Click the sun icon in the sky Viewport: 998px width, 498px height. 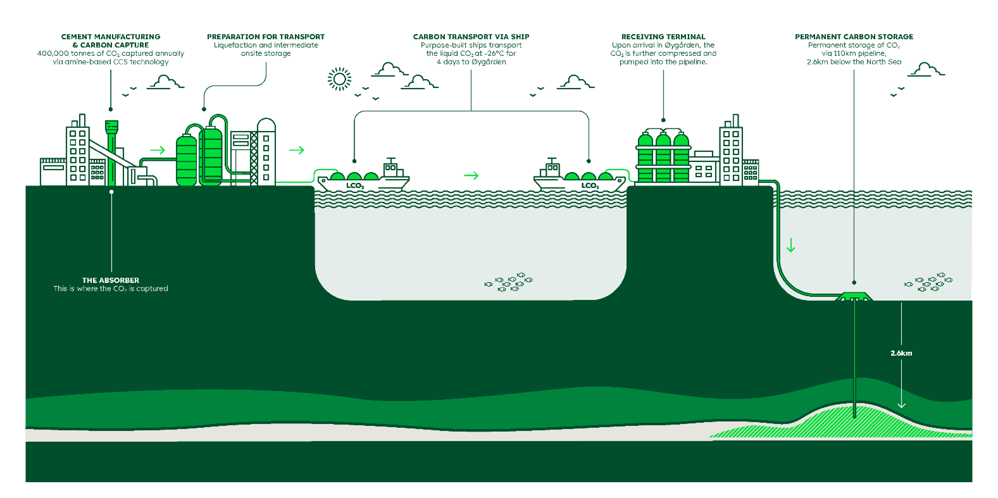click(339, 79)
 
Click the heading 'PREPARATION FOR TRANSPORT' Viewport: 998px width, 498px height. click(266, 37)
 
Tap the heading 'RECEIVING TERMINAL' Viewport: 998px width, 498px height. click(663, 37)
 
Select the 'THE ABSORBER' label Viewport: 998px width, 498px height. click(111, 280)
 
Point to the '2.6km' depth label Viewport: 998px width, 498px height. click(901, 353)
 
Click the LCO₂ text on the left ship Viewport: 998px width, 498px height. click(355, 185)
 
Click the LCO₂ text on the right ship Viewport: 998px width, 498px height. click(590, 185)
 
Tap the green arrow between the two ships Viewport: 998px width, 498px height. click(471, 175)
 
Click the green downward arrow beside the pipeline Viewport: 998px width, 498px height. click(790, 245)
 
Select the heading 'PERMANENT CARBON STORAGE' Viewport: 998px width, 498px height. click(854, 37)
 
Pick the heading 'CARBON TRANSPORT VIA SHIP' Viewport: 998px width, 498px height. click(471, 37)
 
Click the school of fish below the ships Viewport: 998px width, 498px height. click(509, 282)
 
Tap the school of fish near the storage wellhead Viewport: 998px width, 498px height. click(928, 282)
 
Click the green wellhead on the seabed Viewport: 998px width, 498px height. click(854, 297)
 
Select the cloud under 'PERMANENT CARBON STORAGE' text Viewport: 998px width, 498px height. click(926, 70)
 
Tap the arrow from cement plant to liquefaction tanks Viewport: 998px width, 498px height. click(158, 150)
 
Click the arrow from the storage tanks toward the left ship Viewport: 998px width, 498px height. click(296, 150)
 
